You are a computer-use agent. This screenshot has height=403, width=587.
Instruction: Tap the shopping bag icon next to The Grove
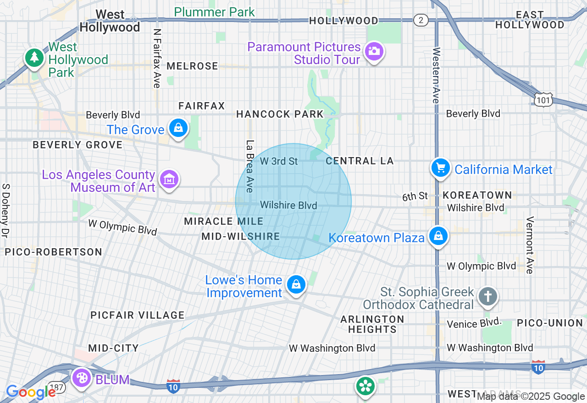[178, 128]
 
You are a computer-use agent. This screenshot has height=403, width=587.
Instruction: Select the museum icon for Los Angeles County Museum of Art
[169, 179]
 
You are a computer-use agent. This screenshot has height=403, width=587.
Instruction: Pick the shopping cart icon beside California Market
[441, 168]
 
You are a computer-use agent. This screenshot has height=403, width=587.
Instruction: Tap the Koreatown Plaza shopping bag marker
[438, 236]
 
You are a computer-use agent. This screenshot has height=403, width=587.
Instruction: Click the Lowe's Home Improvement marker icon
[296, 285]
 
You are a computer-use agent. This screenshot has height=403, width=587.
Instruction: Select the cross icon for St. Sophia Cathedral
[487, 297]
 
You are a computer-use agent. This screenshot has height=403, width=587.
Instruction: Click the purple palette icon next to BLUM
[82, 378]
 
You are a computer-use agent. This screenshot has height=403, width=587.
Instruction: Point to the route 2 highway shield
[420, 20]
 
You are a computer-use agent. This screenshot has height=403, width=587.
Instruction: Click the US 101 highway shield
[543, 99]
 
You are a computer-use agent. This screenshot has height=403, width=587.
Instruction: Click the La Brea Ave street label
[250, 166]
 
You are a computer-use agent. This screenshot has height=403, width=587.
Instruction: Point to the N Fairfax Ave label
[157, 58]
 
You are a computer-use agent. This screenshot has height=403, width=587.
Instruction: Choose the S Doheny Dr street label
[6, 211]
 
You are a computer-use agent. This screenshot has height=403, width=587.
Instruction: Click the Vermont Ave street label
[530, 245]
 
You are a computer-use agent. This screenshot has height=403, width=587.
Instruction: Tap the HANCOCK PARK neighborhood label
[280, 114]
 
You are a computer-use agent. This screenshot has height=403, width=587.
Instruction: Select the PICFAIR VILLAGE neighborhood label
[138, 315]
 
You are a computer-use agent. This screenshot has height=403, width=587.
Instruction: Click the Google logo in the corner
[31, 392]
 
